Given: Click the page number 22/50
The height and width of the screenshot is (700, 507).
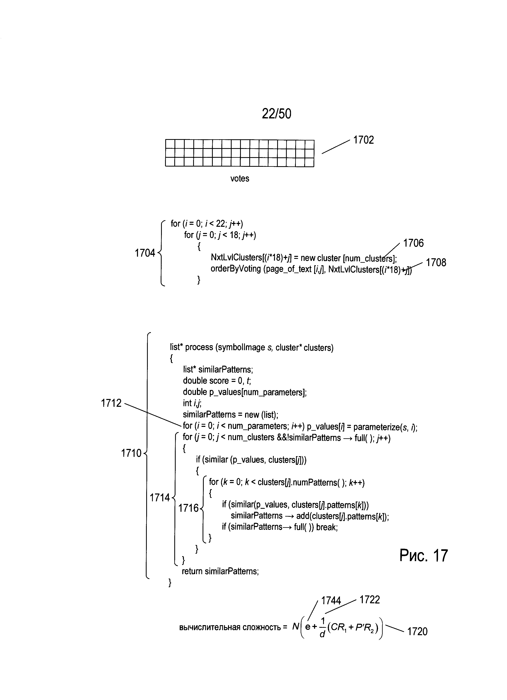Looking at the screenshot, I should click(x=276, y=114).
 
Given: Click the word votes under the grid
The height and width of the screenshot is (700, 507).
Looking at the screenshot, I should click(x=240, y=178).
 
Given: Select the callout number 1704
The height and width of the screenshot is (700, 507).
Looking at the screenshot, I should click(x=145, y=253).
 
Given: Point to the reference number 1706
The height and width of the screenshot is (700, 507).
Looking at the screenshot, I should click(x=413, y=243).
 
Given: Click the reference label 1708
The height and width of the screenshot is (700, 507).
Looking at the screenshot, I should click(x=436, y=263).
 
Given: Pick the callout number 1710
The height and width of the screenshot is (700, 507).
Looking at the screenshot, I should click(x=131, y=453).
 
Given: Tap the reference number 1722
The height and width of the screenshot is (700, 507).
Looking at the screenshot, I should click(x=370, y=600).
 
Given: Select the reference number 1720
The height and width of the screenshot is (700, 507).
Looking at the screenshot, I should click(x=417, y=632).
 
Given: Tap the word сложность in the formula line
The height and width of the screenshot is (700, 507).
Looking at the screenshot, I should click(x=262, y=628).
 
